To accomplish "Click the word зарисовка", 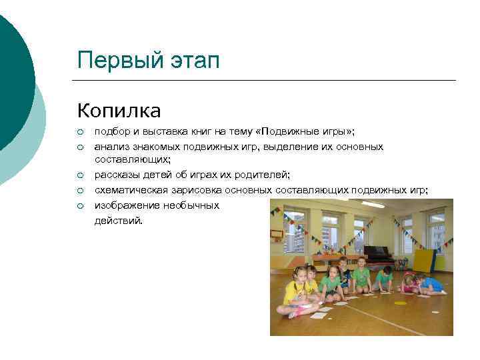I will point(193,190).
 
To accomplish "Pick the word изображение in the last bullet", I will point(124,205).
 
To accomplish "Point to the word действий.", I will point(118,220).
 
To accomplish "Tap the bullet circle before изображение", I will point(81,205).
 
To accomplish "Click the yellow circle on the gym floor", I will point(400,303).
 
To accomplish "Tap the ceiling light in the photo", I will point(373,205).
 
